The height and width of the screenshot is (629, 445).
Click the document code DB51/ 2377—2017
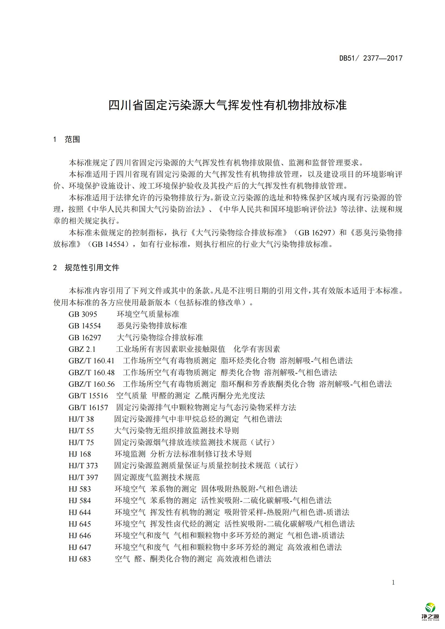point(371,58)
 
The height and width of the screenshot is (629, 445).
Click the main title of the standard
point(227,105)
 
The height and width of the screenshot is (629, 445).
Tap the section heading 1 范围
point(66,140)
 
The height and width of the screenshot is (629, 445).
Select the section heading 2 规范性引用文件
point(86,268)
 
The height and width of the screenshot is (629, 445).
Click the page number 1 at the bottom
point(393,582)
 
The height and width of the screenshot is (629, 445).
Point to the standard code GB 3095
point(83,314)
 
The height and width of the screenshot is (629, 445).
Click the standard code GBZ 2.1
point(82,349)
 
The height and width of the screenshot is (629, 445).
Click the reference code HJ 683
point(79,559)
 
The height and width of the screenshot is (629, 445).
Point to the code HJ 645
point(79,524)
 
